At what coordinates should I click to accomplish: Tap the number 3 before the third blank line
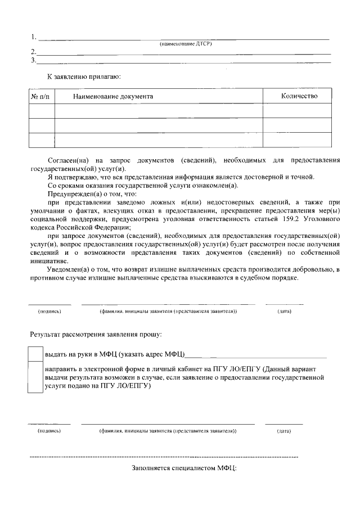[33, 60]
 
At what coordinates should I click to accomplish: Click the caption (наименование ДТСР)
[185, 44]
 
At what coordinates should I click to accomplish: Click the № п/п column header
[40, 96]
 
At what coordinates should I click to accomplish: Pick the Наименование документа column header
[113, 96]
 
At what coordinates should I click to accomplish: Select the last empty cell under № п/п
[41, 139]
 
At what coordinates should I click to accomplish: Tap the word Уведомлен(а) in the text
[67, 269]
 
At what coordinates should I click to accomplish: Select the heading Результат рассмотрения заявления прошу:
[96, 335]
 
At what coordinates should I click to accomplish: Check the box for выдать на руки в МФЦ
[35, 354]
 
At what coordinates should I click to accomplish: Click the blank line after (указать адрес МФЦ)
[256, 355]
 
